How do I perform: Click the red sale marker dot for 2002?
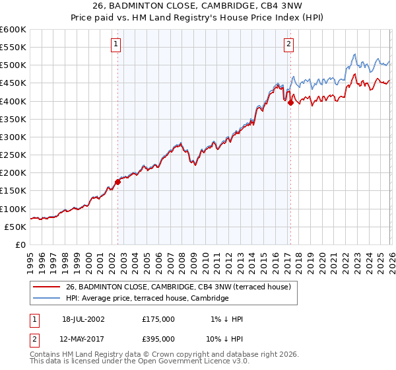(x=118, y=182)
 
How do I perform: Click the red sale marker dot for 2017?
(x=290, y=102)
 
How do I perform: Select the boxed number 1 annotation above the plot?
(x=116, y=44)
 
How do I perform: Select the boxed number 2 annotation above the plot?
(x=289, y=44)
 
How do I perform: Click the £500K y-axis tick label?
(x=13, y=65)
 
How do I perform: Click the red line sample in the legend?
(x=46, y=287)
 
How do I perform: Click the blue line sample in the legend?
(x=46, y=299)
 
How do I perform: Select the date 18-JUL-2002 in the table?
(x=83, y=319)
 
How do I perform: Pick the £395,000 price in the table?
(x=158, y=338)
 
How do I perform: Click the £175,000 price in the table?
(x=158, y=319)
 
